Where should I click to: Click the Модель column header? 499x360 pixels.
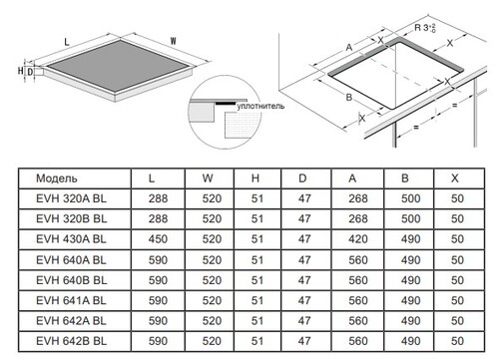tap(57, 179)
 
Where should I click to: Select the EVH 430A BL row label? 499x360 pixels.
tap(71, 239)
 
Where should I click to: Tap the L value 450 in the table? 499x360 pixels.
tap(158, 239)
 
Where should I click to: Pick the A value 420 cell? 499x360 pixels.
tap(358, 239)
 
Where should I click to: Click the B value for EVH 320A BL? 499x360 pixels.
tap(411, 198)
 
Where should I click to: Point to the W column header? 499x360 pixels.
tap(208, 179)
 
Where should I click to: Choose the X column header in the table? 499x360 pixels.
tap(455, 179)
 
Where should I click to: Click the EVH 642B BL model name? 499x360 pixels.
tap(72, 341)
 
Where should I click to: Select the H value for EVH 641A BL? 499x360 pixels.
tap(257, 300)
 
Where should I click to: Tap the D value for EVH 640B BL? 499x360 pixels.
tap(304, 280)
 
